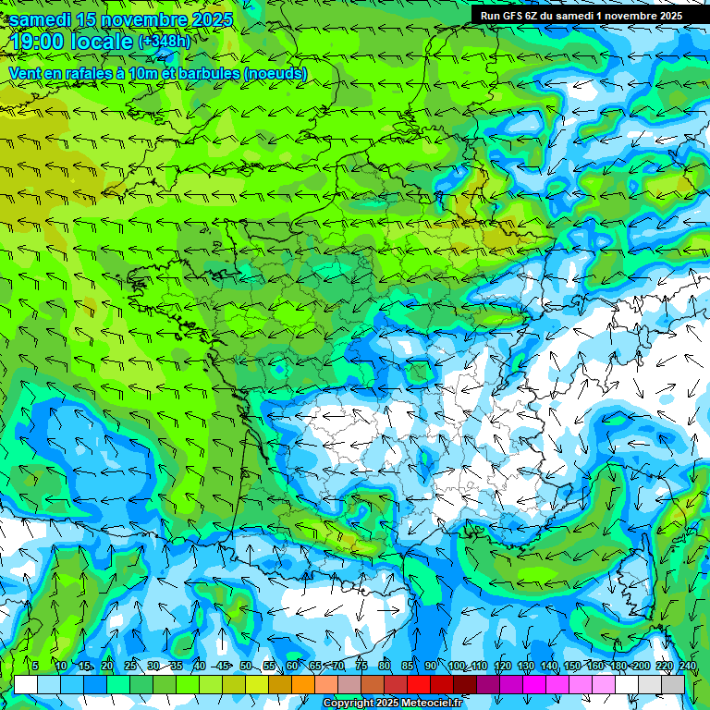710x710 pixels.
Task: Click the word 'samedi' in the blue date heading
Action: pos(38,18)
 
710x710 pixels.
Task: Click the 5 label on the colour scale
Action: pos(35,666)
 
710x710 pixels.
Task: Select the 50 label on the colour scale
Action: pos(246,666)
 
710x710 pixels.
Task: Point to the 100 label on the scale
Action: pos(457,666)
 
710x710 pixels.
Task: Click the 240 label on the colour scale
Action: pos(688,666)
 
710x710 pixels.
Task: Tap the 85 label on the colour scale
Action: pos(408,666)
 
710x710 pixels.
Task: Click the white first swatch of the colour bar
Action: pos(25,684)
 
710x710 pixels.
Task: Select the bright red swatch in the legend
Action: pos(418,684)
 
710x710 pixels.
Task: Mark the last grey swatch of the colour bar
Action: pos(672,684)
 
